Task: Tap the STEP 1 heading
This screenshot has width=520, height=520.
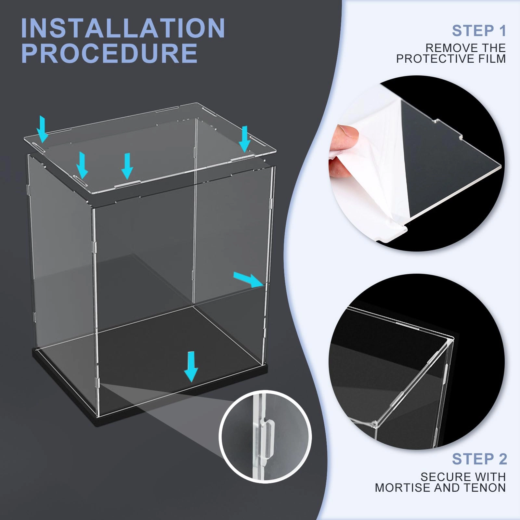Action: tap(479, 31)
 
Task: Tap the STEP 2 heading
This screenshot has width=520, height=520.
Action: tap(479, 459)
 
